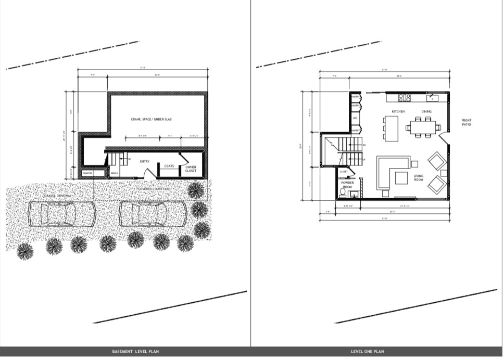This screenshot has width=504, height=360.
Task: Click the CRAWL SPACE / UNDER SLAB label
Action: (x=152, y=119)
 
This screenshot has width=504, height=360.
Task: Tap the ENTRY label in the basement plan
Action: (x=145, y=161)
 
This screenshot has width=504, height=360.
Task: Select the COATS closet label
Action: (x=169, y=166)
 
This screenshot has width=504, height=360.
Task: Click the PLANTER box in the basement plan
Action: (x=87, y=173)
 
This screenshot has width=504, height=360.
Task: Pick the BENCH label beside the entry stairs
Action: (x=115, y=173)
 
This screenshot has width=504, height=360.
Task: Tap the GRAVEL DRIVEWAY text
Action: (x=58, y=196)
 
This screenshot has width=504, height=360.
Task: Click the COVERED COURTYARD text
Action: (x=154, y=188)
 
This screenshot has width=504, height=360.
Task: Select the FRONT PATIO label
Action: (x=467, y=122)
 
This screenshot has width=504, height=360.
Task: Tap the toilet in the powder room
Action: (x=343, y=192)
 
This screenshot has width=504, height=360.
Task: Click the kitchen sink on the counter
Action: (x=432, y=97)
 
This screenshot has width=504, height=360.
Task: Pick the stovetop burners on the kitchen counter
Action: (x=404, y=97)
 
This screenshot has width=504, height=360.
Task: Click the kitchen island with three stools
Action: (x=391, y=128)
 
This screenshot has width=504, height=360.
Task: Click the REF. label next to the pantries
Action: (x=355, y=118)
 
